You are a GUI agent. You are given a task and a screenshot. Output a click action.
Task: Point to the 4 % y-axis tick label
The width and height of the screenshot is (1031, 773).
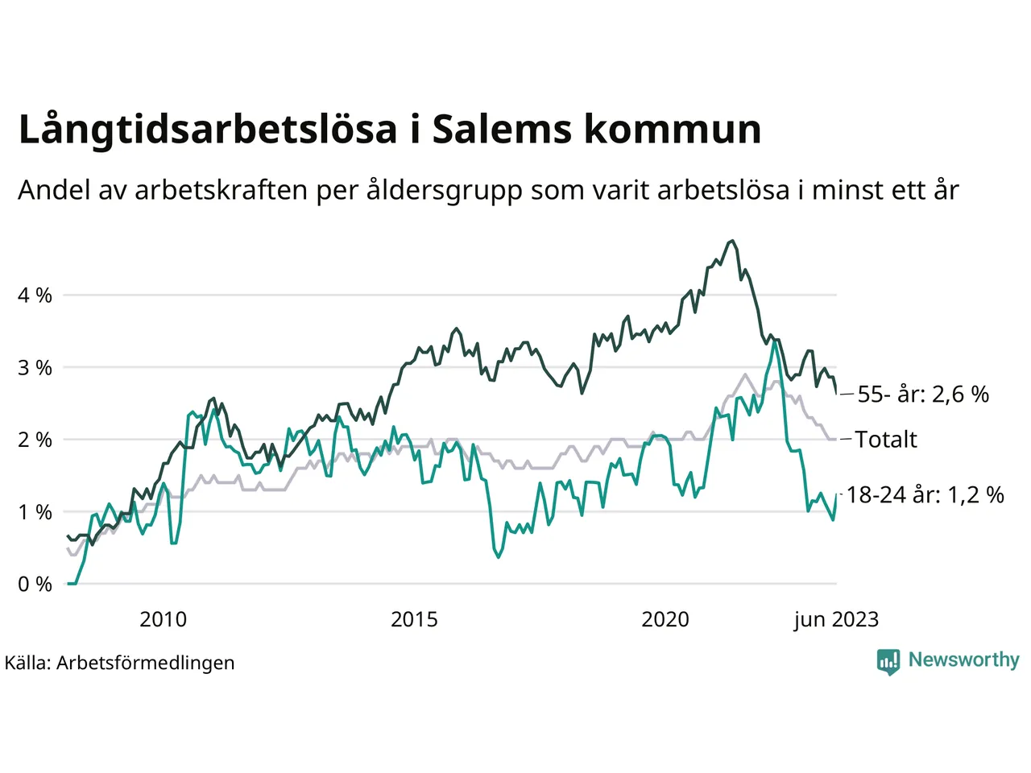tap(35, 296)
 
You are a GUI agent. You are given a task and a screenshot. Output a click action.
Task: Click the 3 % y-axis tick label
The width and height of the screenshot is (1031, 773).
tap(35, 368)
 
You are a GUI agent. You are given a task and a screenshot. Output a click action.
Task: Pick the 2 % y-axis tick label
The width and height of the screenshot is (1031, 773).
tap(35, 440)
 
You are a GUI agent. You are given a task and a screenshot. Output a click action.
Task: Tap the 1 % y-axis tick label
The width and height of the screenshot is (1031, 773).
tap(35, 512)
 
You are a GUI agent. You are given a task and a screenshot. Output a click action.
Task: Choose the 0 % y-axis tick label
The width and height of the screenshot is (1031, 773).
tap(35, 584)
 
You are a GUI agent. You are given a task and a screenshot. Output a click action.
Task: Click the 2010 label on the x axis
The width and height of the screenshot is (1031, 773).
tap(163, 619)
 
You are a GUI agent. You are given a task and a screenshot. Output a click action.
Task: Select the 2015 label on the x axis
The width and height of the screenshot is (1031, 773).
tap(414, 619)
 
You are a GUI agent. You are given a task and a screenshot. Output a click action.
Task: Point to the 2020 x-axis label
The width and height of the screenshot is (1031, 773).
tap(665, 619)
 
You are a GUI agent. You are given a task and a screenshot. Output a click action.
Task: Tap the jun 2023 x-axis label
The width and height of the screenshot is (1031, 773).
tap(836, 619)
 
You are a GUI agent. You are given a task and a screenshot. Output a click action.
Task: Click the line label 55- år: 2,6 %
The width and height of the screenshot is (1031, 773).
tap(923, 395)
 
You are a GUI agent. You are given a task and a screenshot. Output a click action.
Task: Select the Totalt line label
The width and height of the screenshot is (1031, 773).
tap(886, 440)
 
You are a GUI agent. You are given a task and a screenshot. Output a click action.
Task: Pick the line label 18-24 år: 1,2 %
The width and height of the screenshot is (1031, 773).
tap(925, 495)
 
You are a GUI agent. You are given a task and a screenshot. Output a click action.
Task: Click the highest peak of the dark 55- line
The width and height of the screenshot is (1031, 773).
tap(731, 241)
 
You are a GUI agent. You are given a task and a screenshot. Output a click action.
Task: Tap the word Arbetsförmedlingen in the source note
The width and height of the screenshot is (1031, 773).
tap(146, 663)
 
